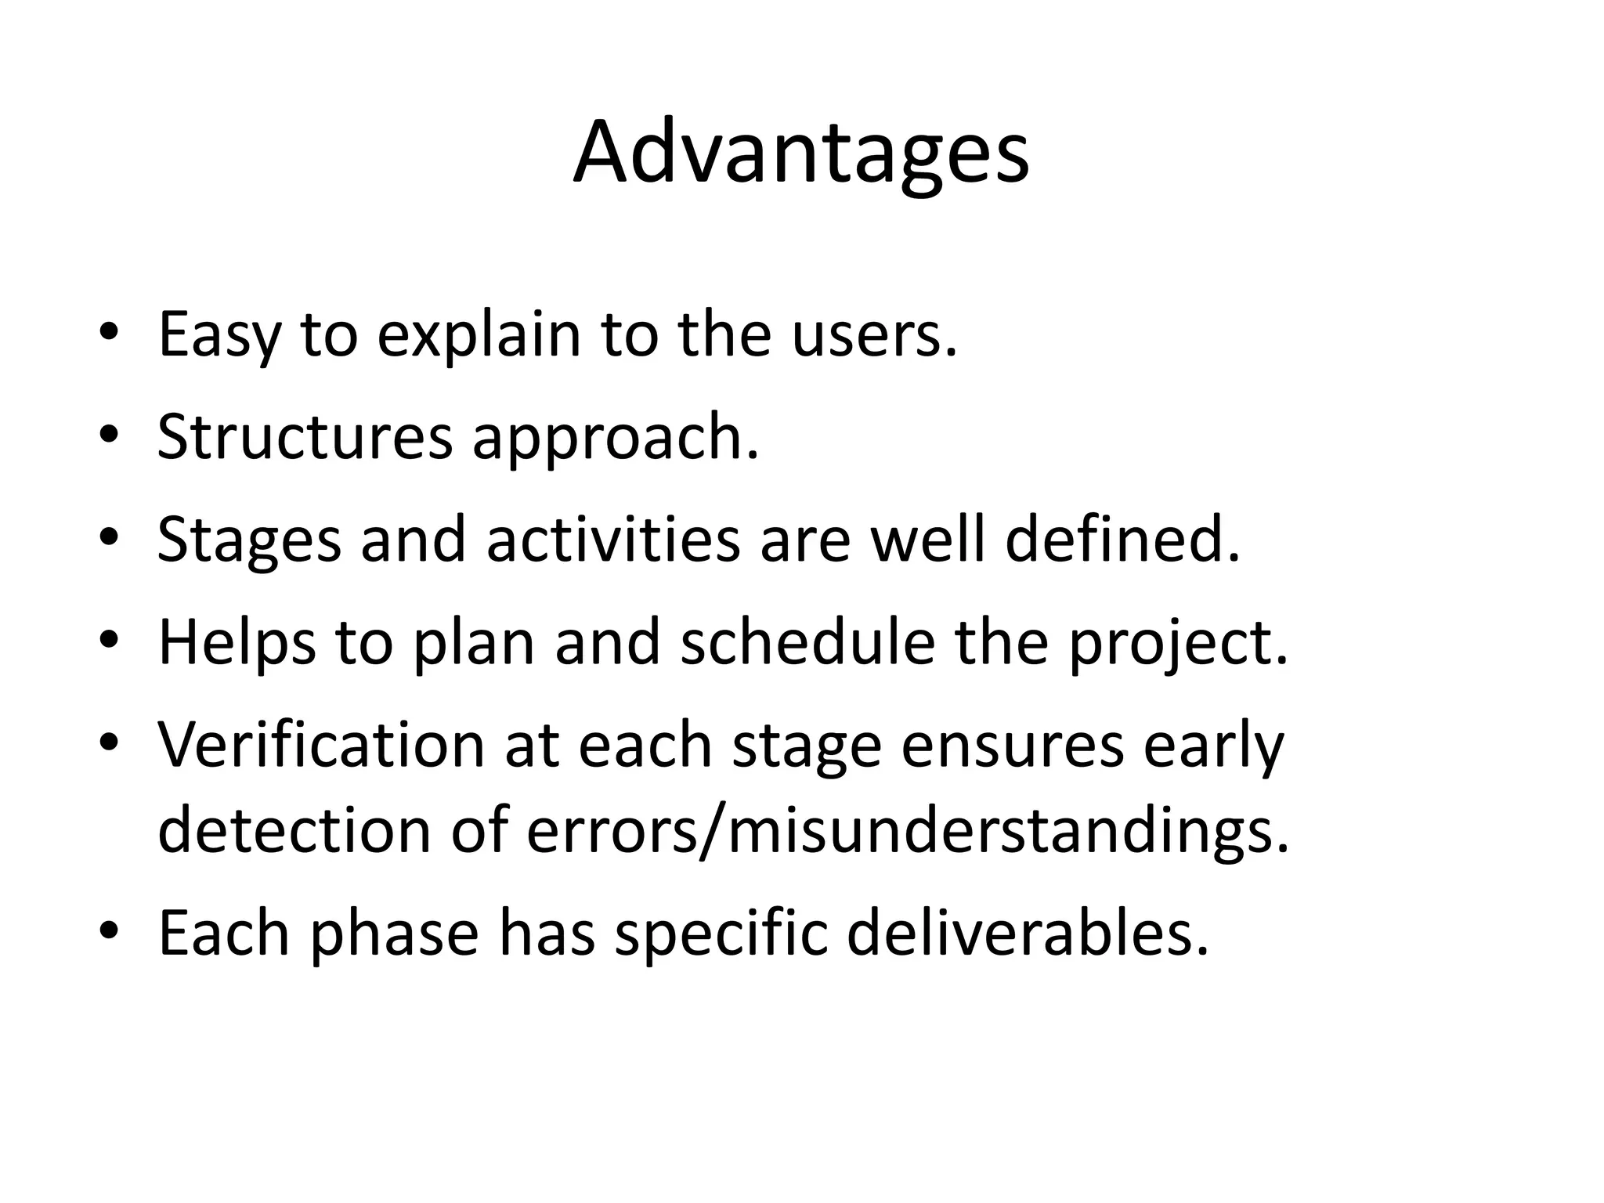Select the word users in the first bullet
[x=873, y=334]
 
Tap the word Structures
[x=305, y=437]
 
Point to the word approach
[x=615, y=439]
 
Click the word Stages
[x=249, y=541]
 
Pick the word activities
[x=612, y=540]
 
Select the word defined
[x=1122, y=540]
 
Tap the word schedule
[x=807, y=642]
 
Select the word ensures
[x=1013, y=746]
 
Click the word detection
[x=294, y=830]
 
